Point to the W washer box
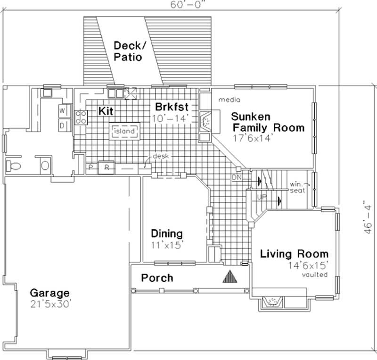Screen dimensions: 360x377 pyautogui.click(x=62, y=111)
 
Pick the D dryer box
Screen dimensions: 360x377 pyautogui.click(x=62, y=125)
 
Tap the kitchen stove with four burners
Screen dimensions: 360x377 pyautogui.click(x=81, y=117)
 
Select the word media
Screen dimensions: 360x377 pyautogui.click(x=229, y=100)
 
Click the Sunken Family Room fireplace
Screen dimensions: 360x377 pyautogui.click(x=206, y=121)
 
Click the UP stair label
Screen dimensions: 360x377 pyautogui.click(x=262, y=196)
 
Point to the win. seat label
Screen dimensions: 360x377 pyautogui.click(x=298, y=187)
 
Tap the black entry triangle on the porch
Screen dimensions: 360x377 pyautogui.click(x=229, y=276)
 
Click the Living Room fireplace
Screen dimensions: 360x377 pyautogui.click(x=272, y=301)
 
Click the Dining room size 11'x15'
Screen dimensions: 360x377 pyautogui.click(x=167, y=245)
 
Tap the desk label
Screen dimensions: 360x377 pyautogui.click(x=160, y=156)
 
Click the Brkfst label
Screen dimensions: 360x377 pyautogui.click(x=169, y=107)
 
